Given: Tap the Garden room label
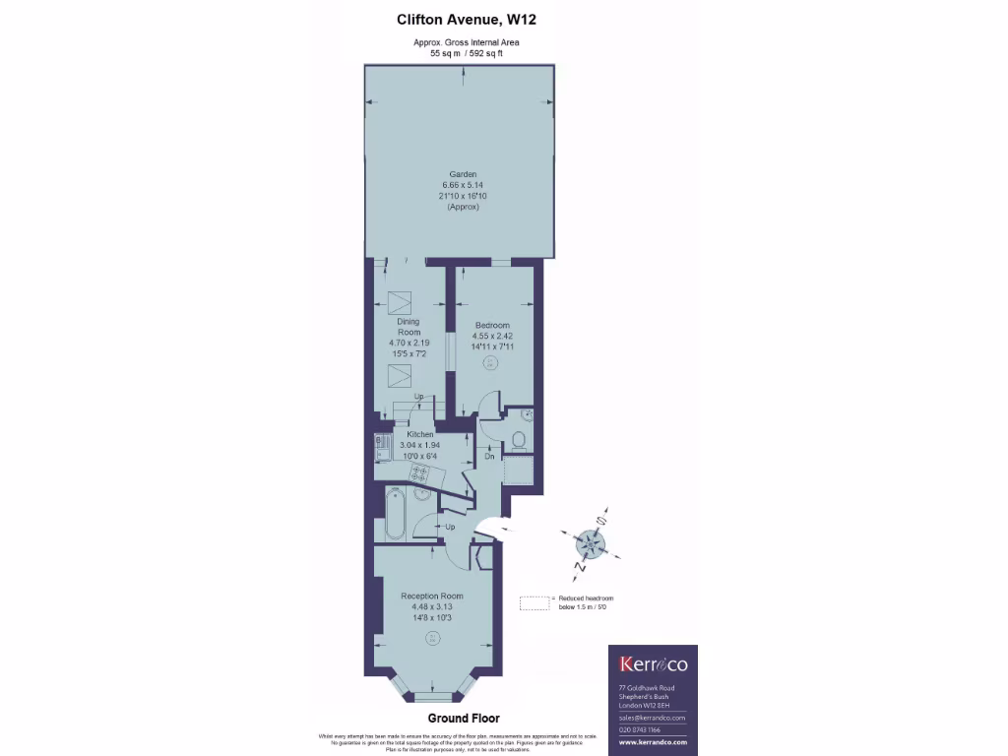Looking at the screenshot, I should click(463, 174).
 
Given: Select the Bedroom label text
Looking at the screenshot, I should click(492, 325).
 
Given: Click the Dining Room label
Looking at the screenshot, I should click(409, 327).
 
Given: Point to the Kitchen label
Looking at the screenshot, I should click(421, 434).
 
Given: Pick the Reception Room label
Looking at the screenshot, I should click(432, 596).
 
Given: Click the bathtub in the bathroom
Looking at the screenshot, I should click(395, 514).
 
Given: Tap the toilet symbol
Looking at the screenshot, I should click(520, 439).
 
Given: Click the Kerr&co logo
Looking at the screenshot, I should click(652, 663).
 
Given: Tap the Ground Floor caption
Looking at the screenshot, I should click(464, 719).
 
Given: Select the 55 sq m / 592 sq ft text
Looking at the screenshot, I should click(467, 54).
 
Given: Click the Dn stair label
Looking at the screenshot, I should click(489, 457).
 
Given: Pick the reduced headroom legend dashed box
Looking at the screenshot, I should click(535, 602).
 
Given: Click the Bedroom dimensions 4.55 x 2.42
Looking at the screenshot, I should click(492, 336).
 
